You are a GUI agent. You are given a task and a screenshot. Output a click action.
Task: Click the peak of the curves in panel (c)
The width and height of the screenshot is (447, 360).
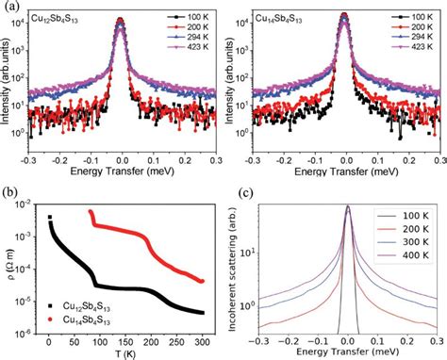point(347,206)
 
